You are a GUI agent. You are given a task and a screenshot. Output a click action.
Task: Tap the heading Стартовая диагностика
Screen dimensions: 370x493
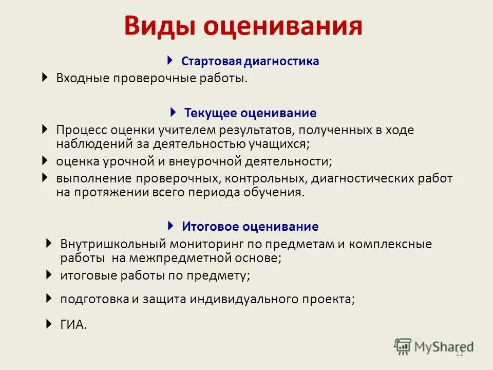pos(250,62)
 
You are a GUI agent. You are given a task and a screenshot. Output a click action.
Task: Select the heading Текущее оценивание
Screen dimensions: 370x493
pos(251,113)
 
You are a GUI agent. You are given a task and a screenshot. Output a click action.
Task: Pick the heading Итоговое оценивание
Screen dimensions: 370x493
pos(250,227)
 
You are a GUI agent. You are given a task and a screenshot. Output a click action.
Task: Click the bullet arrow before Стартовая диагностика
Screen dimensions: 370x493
pos(170,61)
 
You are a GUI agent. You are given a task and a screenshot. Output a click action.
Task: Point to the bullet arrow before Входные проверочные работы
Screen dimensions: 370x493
pos(45,78)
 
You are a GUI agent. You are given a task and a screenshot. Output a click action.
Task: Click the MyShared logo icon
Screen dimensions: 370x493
pos(403,346)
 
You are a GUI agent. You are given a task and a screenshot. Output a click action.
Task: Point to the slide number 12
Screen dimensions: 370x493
pos(459,354)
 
